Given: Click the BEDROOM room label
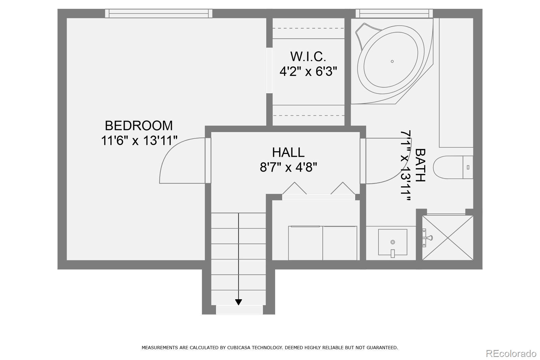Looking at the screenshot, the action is tap(139, 126).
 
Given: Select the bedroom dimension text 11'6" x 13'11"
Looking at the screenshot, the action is tap(139, 140).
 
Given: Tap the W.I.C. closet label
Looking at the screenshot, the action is tap(308, 56).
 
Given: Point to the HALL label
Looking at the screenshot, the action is tap(288, 152).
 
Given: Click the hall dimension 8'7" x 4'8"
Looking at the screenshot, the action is tap(288, 167).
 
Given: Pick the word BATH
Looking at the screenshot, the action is tap(420, 165).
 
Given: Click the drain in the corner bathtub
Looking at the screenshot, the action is tap(392, 61).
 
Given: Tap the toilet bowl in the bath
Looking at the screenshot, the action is tap(448, 167).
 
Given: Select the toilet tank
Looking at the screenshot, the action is tap(468, 167).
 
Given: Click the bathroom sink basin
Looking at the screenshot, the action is tap(393, 242).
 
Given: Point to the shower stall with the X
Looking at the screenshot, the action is tap(448, 238).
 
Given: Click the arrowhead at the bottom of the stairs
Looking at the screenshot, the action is tap(238, 302).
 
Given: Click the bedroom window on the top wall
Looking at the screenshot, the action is tap(159, 14).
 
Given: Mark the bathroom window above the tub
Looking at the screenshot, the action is tap(394, 14).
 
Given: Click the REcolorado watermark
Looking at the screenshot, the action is tap(511, 354).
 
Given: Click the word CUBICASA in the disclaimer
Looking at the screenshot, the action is tap(238, 348).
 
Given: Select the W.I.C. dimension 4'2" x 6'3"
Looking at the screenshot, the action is tap(308, 71).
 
